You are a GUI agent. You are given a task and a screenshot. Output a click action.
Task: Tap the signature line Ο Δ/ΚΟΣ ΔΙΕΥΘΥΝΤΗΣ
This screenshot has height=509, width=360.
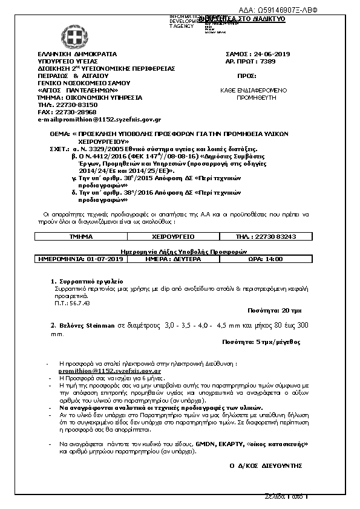(x=266, y=465)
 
